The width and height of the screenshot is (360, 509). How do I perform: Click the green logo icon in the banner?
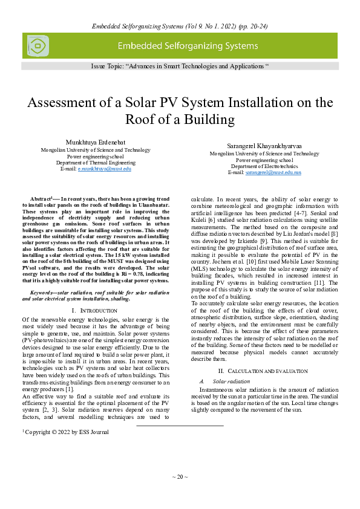pos(37,46)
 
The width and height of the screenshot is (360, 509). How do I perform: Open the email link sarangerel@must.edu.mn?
pos(272,172)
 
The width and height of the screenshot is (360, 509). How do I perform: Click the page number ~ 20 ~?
pos(180,477)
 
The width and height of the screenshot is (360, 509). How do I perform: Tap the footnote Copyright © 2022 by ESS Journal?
pos(66,432)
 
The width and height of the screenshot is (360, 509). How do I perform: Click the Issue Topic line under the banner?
pos(180,65)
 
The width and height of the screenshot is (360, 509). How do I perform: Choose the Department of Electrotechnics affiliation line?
pos(264,166)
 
